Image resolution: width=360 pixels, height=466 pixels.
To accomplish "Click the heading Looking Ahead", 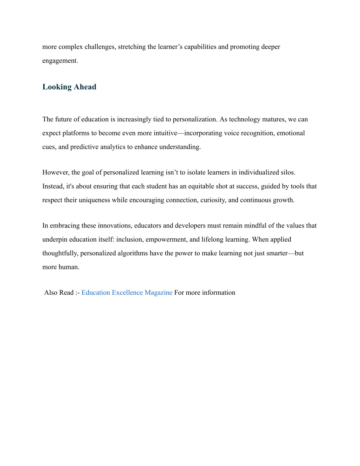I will coord(69,87).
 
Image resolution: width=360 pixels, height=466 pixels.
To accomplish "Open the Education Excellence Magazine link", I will coord(127,293).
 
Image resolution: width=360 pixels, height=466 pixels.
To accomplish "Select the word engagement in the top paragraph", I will coord(59,60).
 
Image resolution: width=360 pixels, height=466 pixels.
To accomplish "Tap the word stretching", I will coord(132,47).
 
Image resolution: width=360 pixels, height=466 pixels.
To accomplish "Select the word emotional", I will coord(291,133).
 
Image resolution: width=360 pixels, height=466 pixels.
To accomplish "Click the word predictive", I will coord(85,147).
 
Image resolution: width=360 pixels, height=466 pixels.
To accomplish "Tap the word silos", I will coord(288,172).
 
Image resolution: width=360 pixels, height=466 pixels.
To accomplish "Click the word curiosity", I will coord(212,200).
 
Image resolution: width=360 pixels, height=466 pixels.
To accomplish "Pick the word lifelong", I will coord(212,240).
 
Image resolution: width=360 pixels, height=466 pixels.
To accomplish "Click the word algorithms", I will coord(133,253).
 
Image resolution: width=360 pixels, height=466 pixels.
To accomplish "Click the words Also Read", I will coord(59,293).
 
